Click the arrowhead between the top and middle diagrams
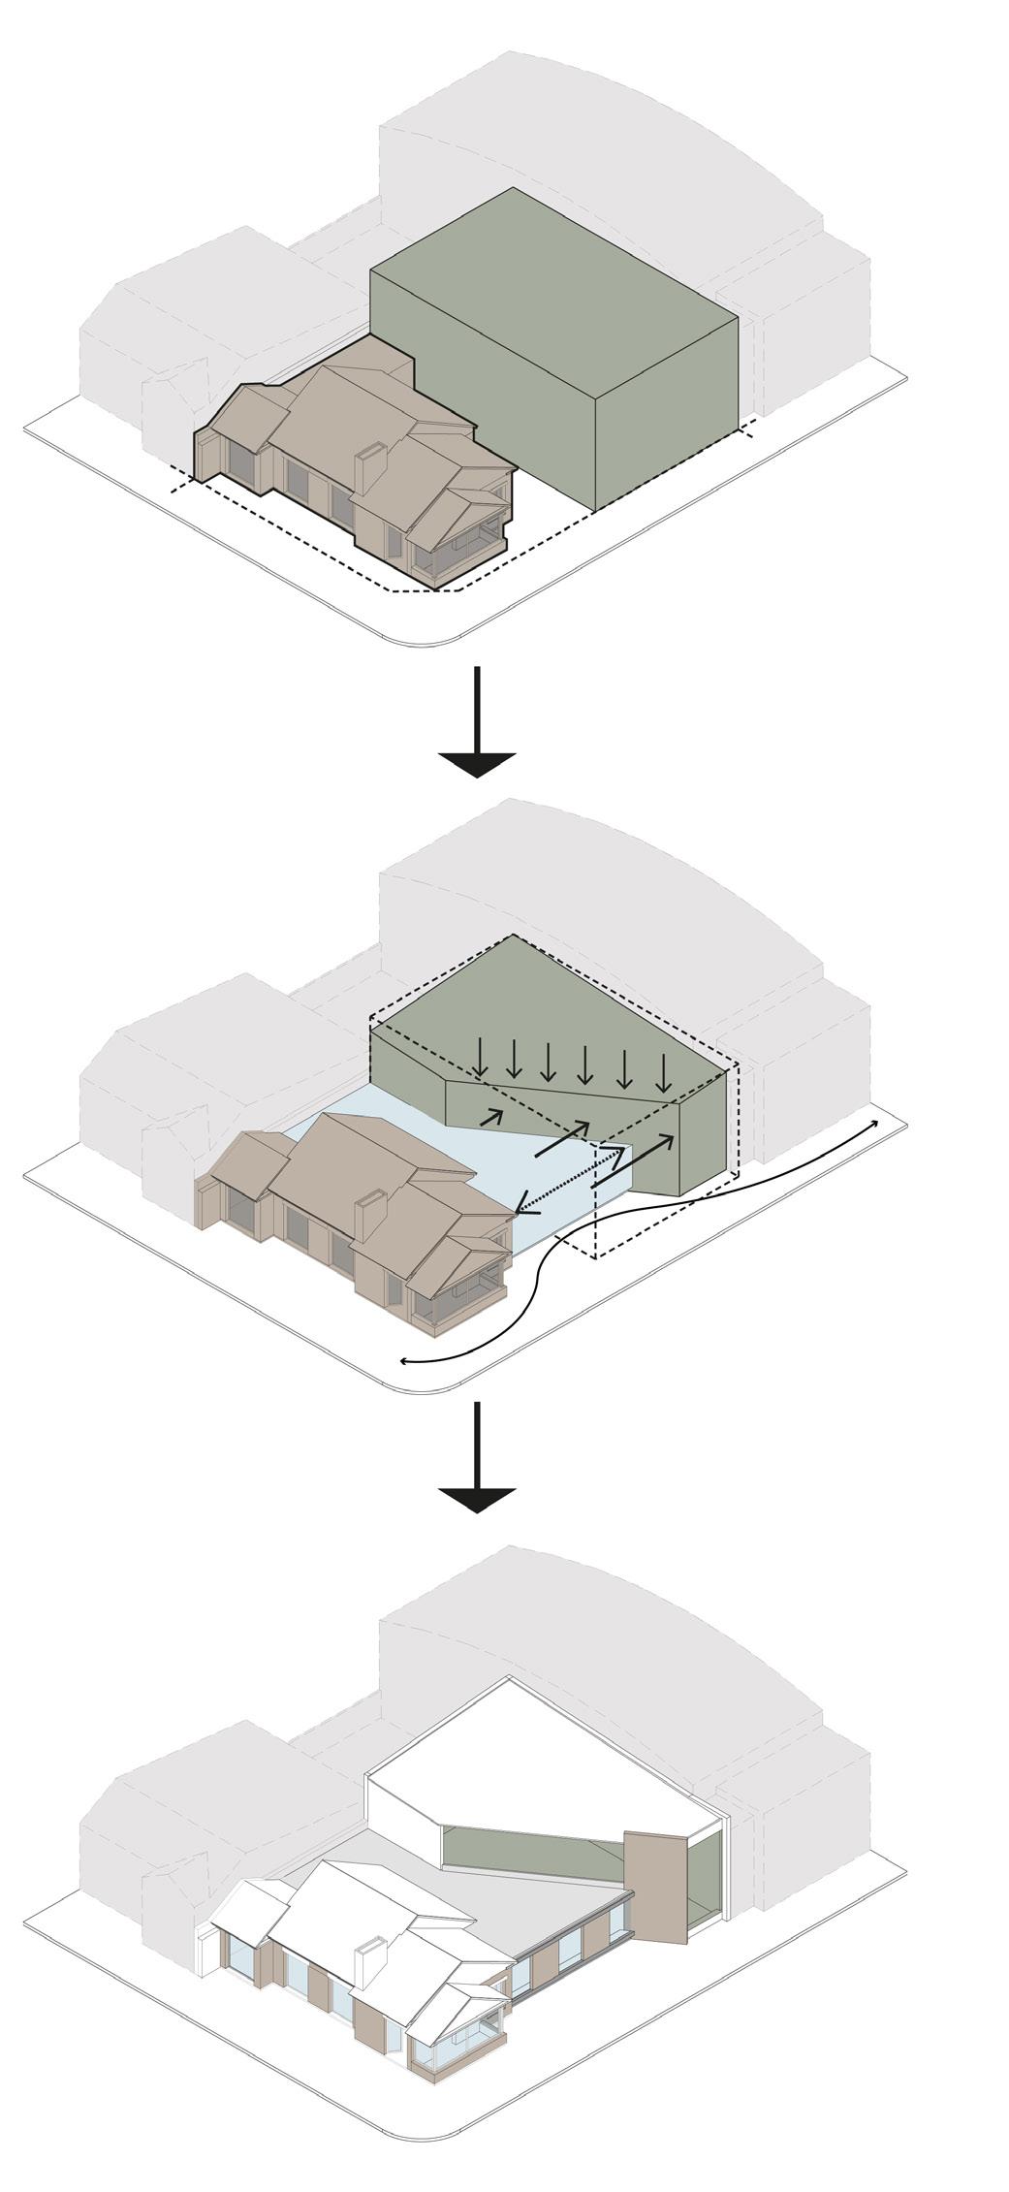pyautogui.click(x=476, y=763)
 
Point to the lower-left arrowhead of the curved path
pyautogui.click(x=405, y=1362)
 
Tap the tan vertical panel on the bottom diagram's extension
pyautogui.click(x=655, y=1886)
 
